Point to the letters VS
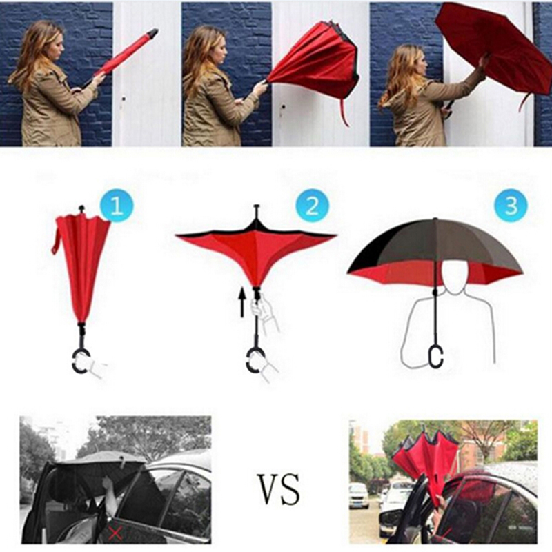click(279, 489)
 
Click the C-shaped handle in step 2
click(253, 360)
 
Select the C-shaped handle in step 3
click(436, 357)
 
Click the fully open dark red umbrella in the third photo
click(493, 49)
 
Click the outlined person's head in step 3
click(455, 275)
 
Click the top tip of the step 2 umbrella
click(257, 206)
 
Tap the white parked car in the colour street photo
click(359, 495)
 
